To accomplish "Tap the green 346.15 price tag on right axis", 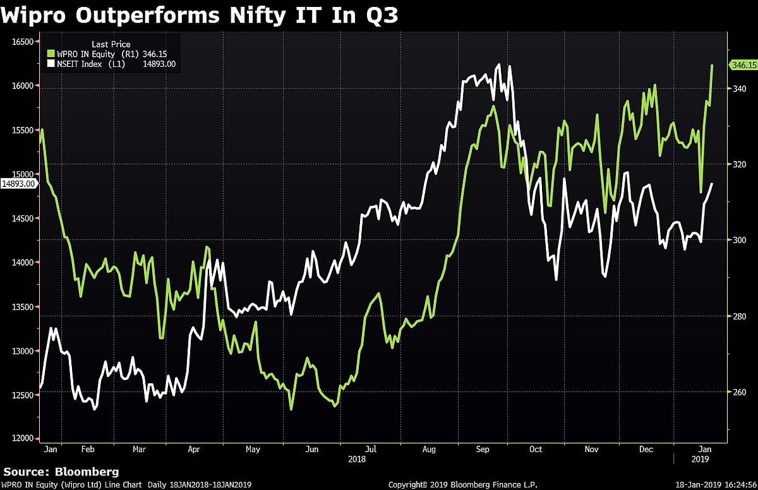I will click(x=743, y=65).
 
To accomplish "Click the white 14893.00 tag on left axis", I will click(x=18, y=184).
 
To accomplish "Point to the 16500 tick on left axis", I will click(x=21, y=42).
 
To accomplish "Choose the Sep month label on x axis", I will click(x=483, y=449).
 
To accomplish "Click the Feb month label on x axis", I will click(x=88, y=449).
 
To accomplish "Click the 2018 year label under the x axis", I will click(x=357, y=459).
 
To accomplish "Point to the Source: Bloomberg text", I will click(x=61, y=472).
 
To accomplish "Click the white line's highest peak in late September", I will click(x=499, y=64).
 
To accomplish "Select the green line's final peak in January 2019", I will click(x=713, y=65).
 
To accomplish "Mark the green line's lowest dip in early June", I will click(x=291, y=409).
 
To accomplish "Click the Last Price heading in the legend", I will click(x=111, y=44).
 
